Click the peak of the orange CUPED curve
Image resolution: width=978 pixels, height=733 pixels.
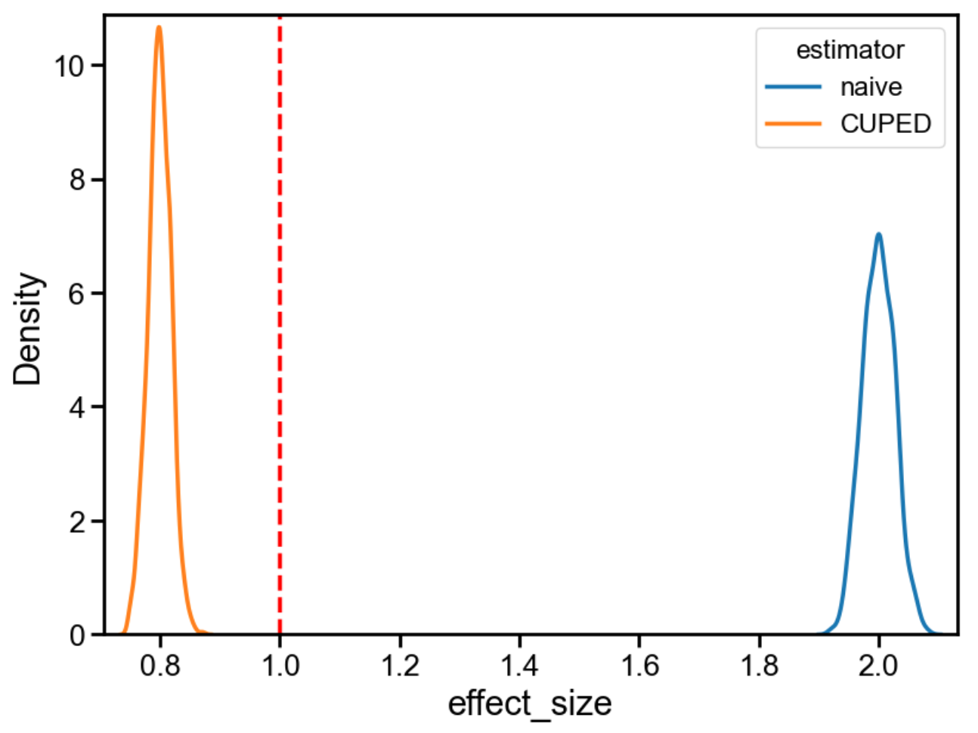pyautogui.click(x=159, y=28)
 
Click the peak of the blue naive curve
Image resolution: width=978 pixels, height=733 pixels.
pyautogui.click(x=878, y=235)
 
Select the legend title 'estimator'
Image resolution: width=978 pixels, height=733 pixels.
pyautogui.click(x=850, y=50)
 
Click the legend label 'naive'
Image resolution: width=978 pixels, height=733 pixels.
pyautogui.click(x=871, y=87)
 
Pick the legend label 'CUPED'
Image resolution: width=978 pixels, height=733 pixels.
pyautogui.click(x=885, y=123)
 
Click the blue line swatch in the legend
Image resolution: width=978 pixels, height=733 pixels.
pyautogui.click(x=793, y=87)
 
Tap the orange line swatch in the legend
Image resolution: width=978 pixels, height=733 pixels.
pyautogui.click(x=793, y=123)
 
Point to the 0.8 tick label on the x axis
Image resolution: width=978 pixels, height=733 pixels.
pyautogui.click(x=160, y=666)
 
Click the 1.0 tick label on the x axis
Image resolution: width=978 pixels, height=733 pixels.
pyautogui.click(x=280, y=666)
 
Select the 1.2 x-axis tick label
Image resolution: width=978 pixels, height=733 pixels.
pyautogui.click(x=400, y=666)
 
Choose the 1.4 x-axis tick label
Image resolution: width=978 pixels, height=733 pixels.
pyautogui.click(x=519, y=666)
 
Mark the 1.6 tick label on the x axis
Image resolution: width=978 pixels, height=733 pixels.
pyautogui.click(x=639, y=666)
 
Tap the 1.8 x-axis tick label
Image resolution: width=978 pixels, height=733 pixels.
pyautogui.click(x=759, y=666)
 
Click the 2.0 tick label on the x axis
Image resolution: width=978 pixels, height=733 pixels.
pyautogui.click(x=878, y=666)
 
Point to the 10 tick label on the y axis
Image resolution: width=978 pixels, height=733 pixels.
pyautogui.click(x=68, y=66)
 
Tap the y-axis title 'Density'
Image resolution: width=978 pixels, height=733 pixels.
pyautogui.click(x=28, y=329)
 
